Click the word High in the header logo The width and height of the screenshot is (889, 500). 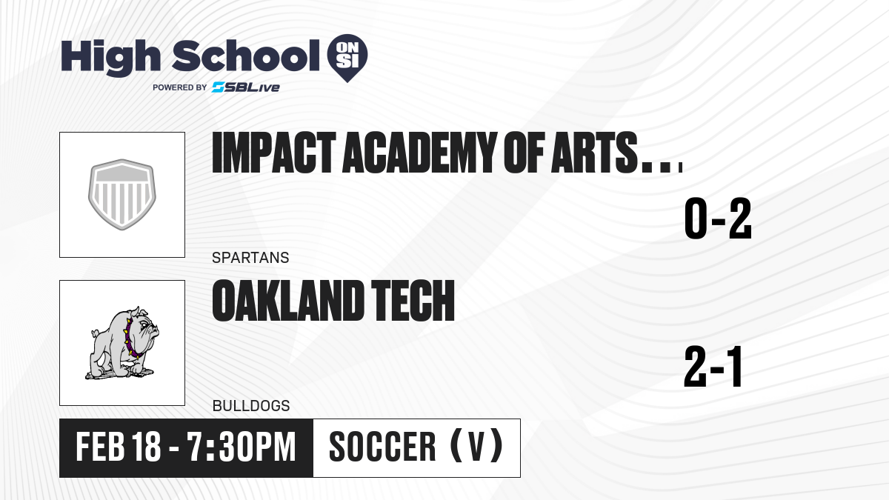pyautogui.click(x=110, y=58)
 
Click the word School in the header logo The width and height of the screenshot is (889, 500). pyautogui.click(x=246, y=56)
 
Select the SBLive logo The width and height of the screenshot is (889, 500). pyautogui.click(x=246, y=87)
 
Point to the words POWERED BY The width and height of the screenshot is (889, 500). pyautogui.click(x=180, y=87)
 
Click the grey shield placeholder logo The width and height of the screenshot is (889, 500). pyautogui.click(x=122, y=194)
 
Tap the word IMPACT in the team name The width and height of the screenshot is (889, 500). pyautogui.click(x=274, y=153)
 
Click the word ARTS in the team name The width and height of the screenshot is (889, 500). pyautogui.click(x=594, y=153)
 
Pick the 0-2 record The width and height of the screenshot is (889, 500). pyautogui.click(x=718, y=219)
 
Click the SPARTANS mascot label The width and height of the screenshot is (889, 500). pyautogui.click(x=250, y=258)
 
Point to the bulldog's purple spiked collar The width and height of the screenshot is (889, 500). pyautogui.click(x=131, y=337)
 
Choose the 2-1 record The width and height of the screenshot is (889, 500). pyautogui.click(x=713, y=367)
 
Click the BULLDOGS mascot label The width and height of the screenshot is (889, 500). pyautogui.click(x=251, y=406)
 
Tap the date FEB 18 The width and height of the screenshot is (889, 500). pyautogui.click(x=119, y=447)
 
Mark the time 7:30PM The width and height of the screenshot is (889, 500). pyautogui.click(x=242, y=447)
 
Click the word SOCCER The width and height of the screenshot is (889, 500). pyautogui.click(x=382, y=447)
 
